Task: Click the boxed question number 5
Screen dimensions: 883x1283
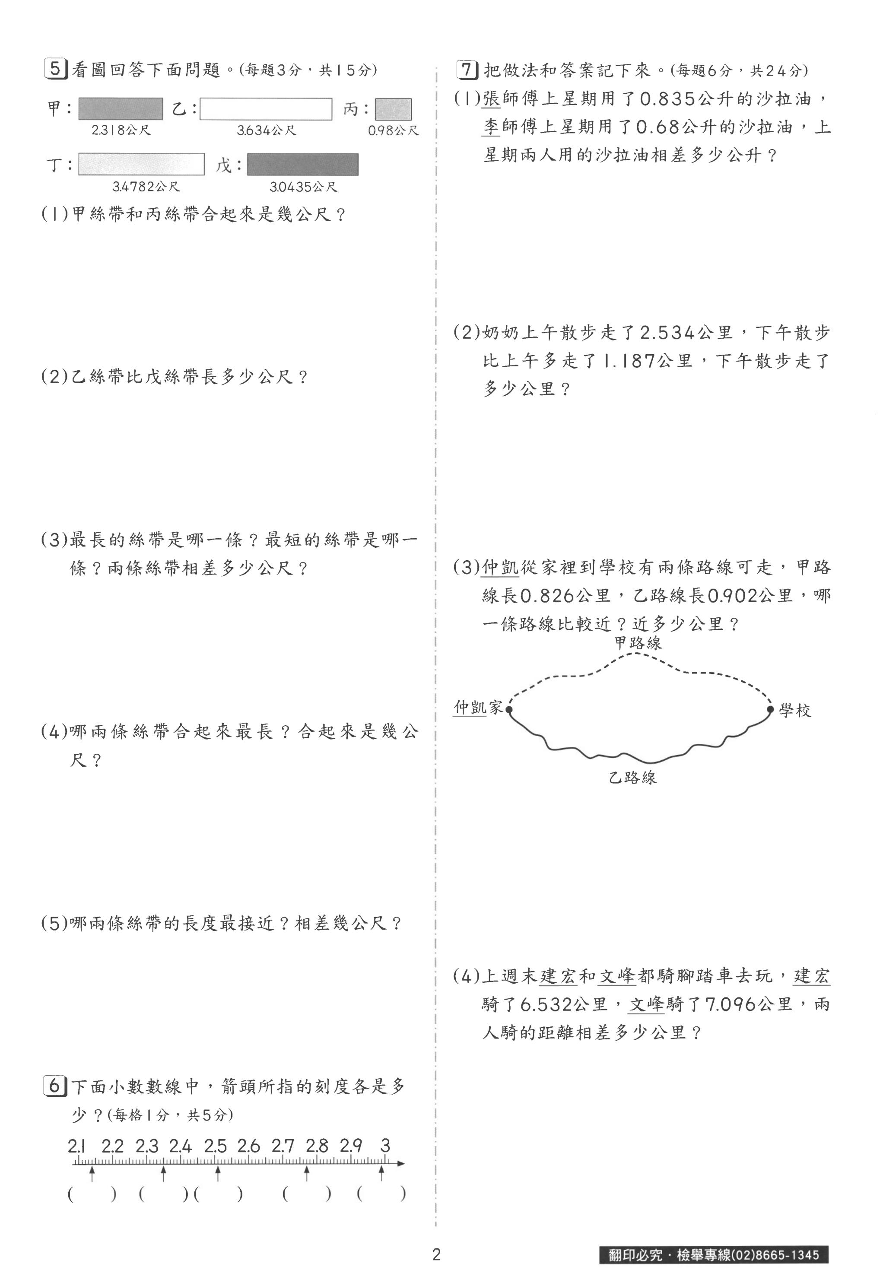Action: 55,69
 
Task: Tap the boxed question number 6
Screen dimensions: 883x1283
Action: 55,1086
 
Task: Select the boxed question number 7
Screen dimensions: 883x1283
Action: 467,70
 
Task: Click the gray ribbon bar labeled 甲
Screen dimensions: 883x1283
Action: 121,109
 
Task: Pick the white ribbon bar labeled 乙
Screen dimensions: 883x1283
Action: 266,109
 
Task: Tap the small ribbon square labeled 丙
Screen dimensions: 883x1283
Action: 394,109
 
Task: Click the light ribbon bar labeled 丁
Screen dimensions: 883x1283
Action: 141,164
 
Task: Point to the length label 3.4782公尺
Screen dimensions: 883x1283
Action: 146,187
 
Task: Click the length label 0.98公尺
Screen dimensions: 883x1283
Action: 394,131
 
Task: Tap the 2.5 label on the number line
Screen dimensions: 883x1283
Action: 215,1145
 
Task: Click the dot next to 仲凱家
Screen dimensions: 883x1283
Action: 509,709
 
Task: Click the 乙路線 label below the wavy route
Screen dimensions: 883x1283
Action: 632,777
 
